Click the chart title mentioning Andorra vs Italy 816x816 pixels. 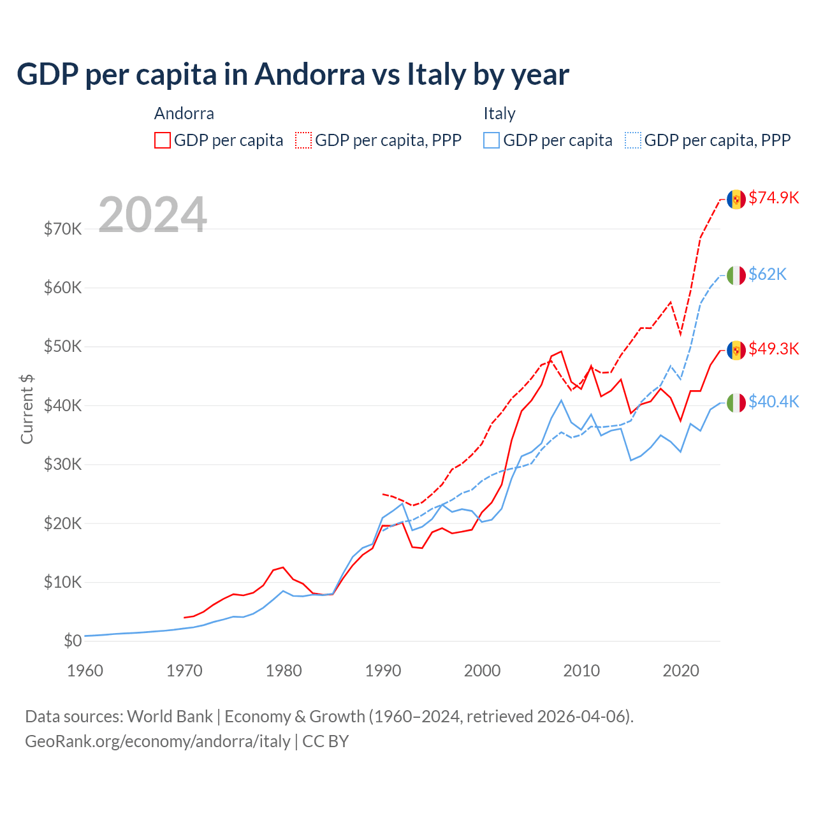[293, 75]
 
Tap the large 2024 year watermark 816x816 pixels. [152, 215]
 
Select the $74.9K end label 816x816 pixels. [773, 198]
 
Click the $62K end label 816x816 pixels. [768, 274]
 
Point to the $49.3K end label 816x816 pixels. [773, 349]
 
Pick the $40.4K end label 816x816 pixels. [773, 402]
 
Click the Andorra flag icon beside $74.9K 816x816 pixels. [736, 200]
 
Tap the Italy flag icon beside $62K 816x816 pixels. [736, 275]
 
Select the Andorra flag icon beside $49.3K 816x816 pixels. [736, 350]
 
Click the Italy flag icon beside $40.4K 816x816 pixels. [736, 403]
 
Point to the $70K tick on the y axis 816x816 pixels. [62, 229]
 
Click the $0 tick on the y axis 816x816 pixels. [73, 641]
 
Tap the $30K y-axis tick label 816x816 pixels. [62, 465]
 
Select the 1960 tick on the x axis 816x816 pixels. [85, 671]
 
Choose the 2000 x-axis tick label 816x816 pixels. [483, 671]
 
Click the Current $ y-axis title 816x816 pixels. [27, 409]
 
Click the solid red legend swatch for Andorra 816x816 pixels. [163, 140]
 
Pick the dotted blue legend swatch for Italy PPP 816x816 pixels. [633, 140]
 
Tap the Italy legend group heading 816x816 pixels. [499, 113]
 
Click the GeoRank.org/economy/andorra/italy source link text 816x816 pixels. [157, 741]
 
